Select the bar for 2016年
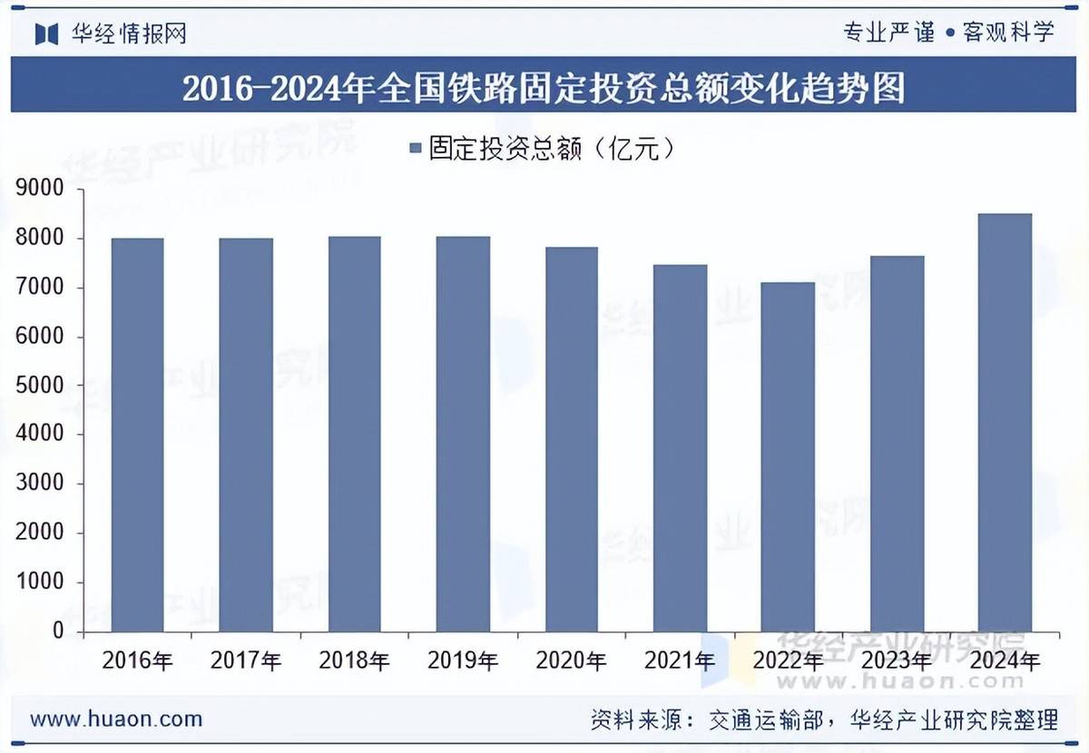(x=137, y=435)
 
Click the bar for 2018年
(x=354, y=435)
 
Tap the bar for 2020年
(x=571, y=440)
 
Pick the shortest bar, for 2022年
(x=788, y=457)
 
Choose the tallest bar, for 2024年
(x=1005, y=423)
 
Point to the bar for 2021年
(x=680, y=448)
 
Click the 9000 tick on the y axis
(x=40, y=190)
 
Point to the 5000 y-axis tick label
(x=40, y=386)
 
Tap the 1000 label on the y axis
(x=40, y=582)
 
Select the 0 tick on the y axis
(x=56, y=631)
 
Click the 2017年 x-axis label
(x=246, y=660)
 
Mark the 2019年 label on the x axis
(x=463, y=660)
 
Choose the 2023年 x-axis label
(x=896, y=660)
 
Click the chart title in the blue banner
(x=544, y=89)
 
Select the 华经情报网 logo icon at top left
(x=46, y=34)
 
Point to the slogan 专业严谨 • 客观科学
(x=948, y=33)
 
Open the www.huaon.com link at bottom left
(x=116, y=719)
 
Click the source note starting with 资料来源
(x=823, y=720)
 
